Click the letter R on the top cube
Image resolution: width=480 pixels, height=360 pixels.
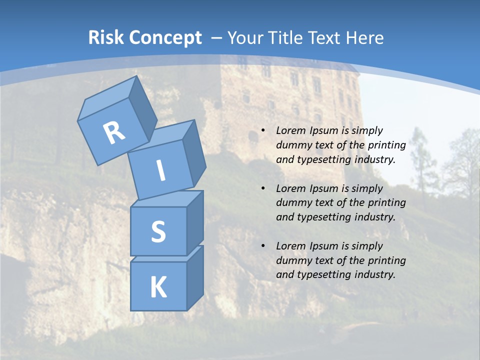(114, 132)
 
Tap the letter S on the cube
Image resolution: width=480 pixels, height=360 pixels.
(158, 232)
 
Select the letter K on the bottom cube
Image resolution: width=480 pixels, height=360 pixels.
(158, 287)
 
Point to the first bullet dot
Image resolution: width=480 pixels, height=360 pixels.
(263, 130)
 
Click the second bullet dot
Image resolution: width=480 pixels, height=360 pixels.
(263, 188)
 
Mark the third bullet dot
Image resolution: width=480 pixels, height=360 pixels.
(263, 246)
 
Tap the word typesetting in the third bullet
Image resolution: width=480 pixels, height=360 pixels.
(321, 274)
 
